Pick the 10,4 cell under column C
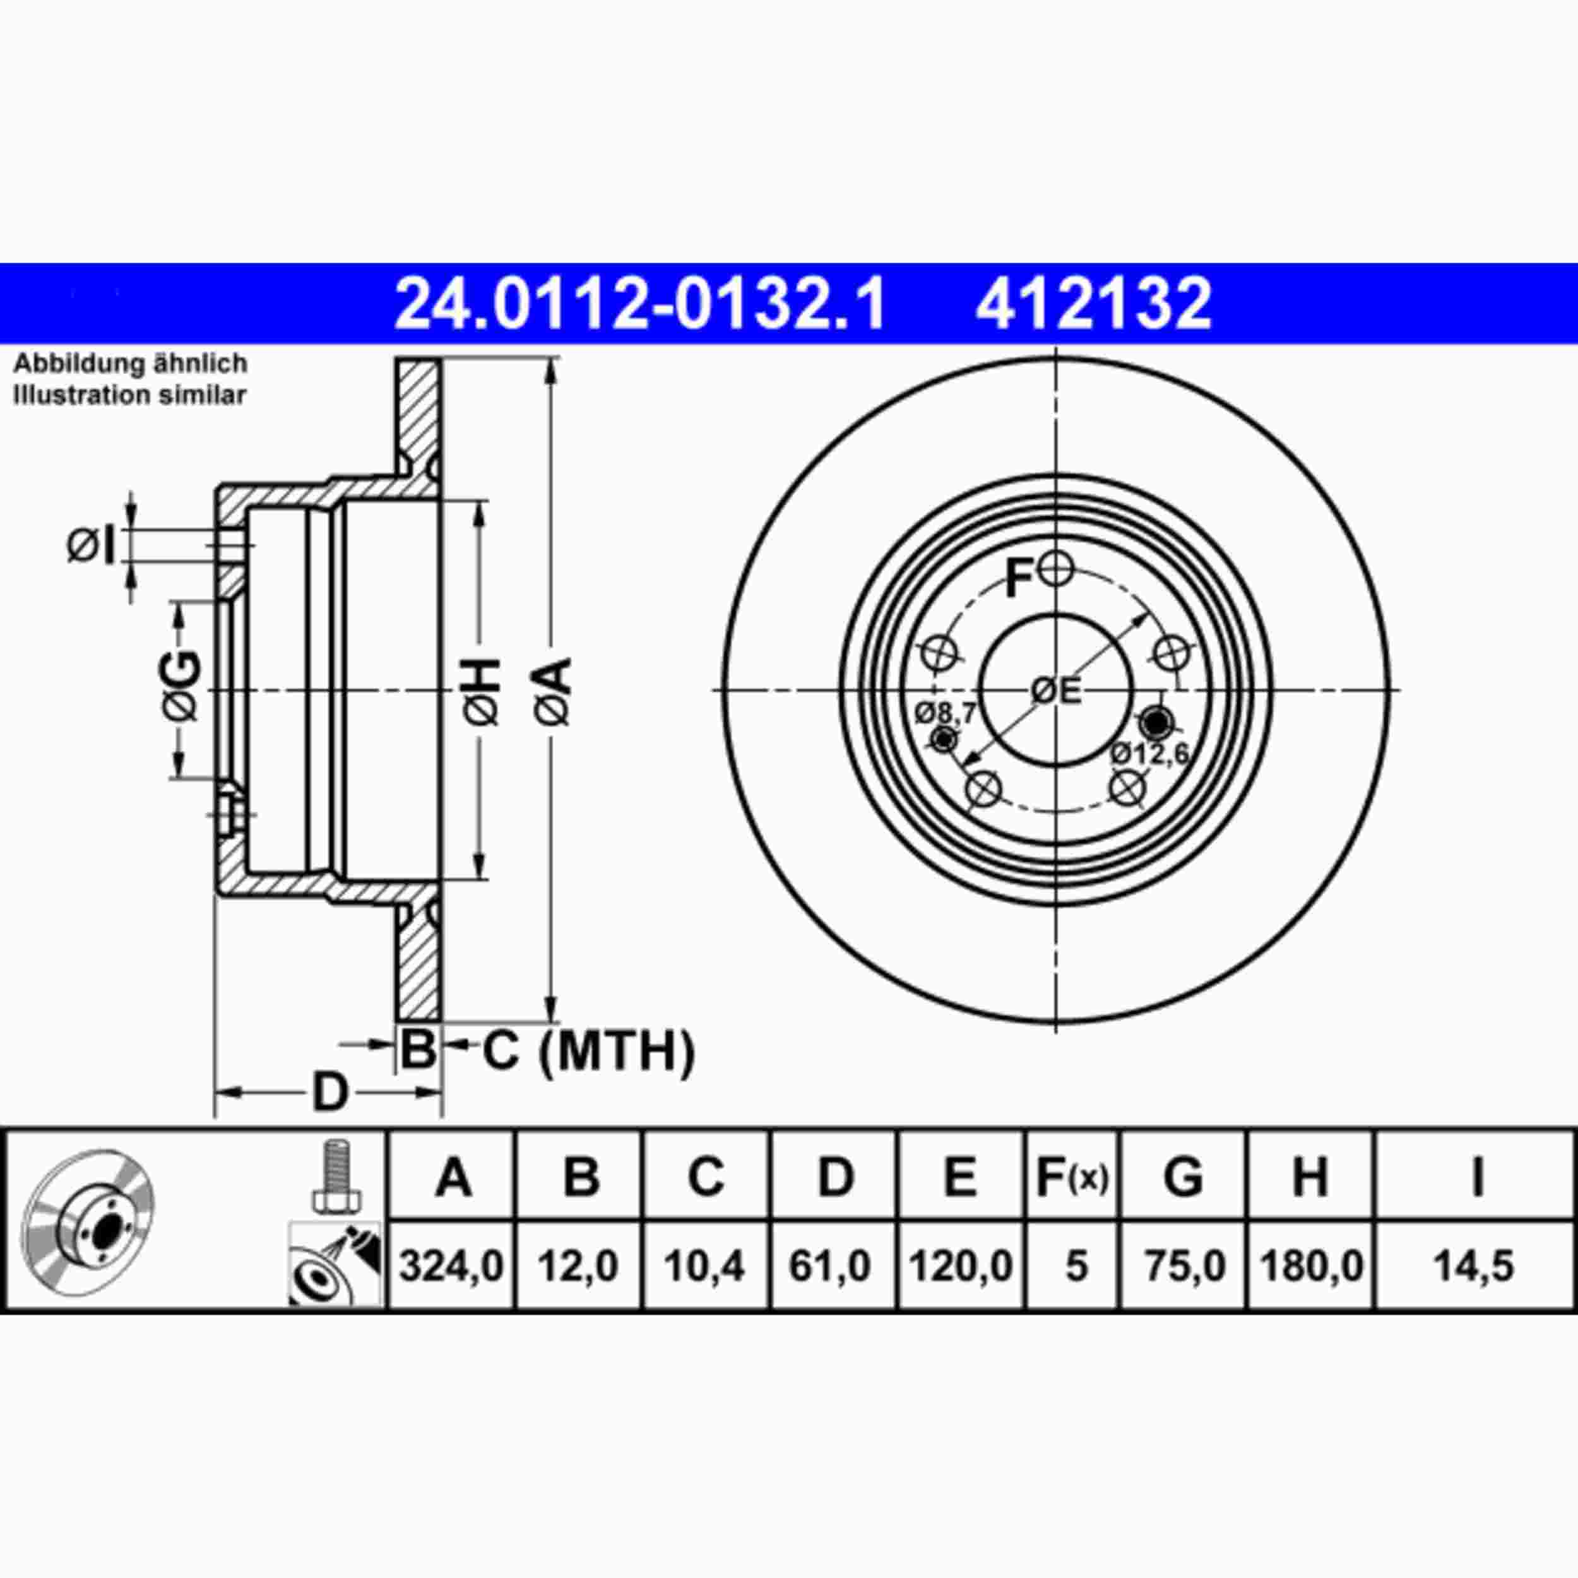[x=704, y=1267]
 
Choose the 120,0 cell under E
[x=961, y=1267]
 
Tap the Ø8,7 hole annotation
[x=945, y=713]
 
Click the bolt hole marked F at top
[x=1056, y=569]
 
